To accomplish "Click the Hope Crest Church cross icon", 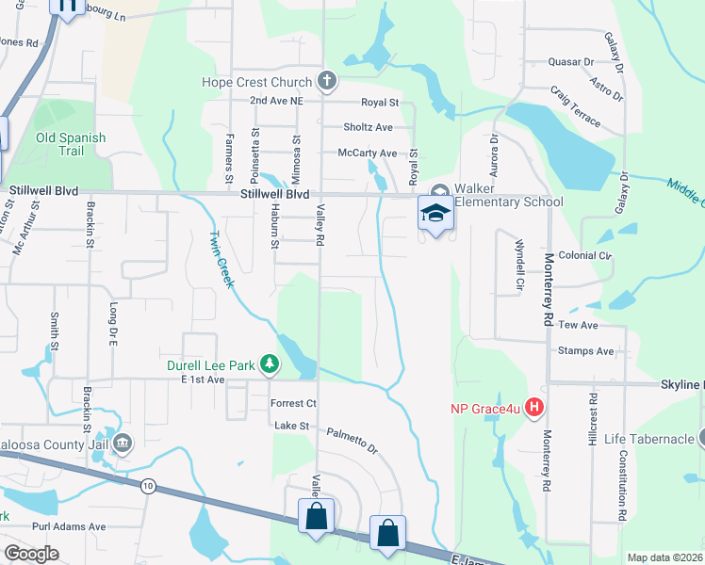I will pyautogui.click(x=327, y=81).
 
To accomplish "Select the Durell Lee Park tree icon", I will pyautogui.click(x=270, y=363).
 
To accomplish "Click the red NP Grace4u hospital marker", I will pyautogui.click(x=533, y=408).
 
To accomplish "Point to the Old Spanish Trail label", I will pyautogui.click(x=71, y=144).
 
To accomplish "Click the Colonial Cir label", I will pyautogui.click(x=584, y=255).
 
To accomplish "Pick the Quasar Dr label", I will pyautogui.click(x=570, y=62).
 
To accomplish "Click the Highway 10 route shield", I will pyautogui.click(x=148, y=486).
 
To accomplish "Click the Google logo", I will pyautogui.click(x=31, y=554).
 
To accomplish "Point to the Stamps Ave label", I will pyautogui.click(x=585, y=351).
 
